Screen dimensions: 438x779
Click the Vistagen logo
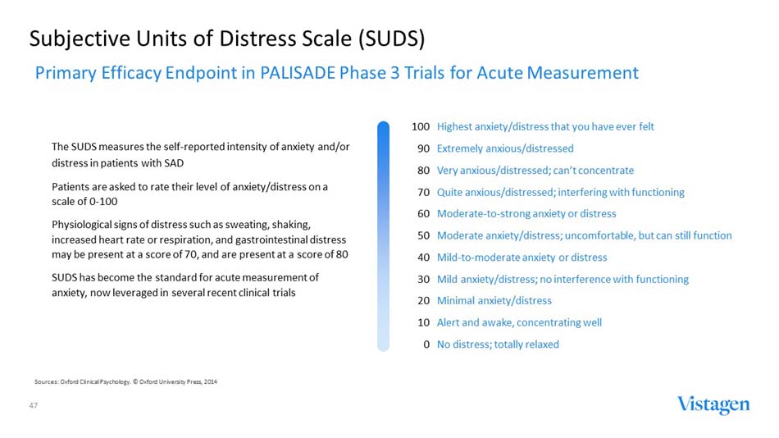(x=713, y=404)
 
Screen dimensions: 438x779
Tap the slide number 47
(x=34, y=406)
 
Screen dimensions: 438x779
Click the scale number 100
(x=421, y=127)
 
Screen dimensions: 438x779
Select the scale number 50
(x=424, y=235)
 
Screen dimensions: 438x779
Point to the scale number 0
(x=427, y=344)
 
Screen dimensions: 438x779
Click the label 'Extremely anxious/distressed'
(x=505, y=148)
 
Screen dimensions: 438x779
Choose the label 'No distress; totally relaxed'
(x=498, y=344)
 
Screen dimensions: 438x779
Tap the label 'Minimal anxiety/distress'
(x=494, y=301)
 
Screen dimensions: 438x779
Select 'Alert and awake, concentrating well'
(x=519, y=322)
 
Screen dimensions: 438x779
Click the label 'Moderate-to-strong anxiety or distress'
(x=526, y=214)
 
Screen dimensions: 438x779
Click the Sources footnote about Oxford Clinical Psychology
(x=125, y=382)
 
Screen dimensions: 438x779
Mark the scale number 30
(x=424, y=279)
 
